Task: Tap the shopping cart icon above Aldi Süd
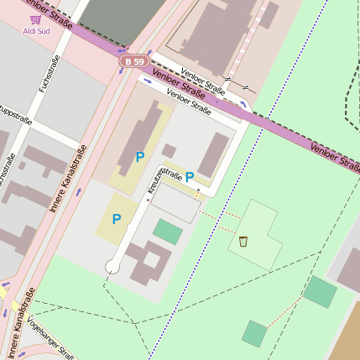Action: coord(35,18)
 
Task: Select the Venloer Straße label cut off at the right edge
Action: coord(336,157)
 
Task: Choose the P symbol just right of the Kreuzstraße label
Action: coord(190,177)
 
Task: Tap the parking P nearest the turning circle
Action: coord(116,219)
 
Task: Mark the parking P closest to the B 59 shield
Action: coord(139,156)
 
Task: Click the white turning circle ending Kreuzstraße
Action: coord(112,267)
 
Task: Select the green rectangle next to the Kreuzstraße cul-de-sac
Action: coord(168,232)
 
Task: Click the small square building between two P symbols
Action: coord(169,151)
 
